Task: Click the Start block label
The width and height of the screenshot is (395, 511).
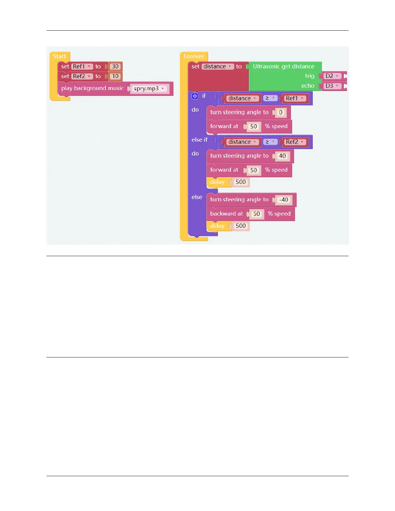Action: pos(59,56)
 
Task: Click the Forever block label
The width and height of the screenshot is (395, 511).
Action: pos(194,56)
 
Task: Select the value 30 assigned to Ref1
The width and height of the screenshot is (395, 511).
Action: pos(115,66)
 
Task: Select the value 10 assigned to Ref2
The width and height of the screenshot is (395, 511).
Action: pos(115,76)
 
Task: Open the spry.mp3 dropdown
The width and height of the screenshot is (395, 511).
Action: pos(149,89)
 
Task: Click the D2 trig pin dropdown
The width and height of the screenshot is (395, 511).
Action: pos(332,76)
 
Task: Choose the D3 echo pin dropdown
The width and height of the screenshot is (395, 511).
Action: pos(332,86)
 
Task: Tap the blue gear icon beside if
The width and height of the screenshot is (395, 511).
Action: pos(195,96)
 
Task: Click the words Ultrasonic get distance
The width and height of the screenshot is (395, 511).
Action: pos(283,66)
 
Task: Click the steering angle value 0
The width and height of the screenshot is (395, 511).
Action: pos(280,113)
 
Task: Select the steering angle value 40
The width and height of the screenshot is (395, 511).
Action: pos(282,156)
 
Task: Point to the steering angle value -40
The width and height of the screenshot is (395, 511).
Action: pos(284,200)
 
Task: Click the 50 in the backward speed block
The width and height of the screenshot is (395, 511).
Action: pos(257,214)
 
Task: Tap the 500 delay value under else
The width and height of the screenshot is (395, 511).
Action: pos(241,226)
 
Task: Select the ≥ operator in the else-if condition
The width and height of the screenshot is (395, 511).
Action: pos(269,142)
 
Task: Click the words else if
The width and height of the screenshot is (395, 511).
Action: pos(199,140)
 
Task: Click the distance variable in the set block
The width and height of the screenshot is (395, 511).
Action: pos(217,66)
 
